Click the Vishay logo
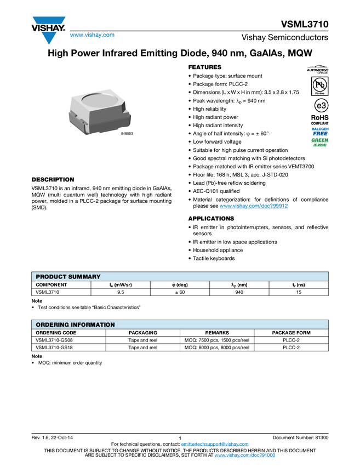pyautogui.click(x=48, y=30)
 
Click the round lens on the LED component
pyautogui.click(x=100, y=103)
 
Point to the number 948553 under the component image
pyautogui.click(x=127, y=133)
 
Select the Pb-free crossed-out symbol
pyautogui.click(x=317, y=86)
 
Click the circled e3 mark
pyautogui.click(x=317, y=105)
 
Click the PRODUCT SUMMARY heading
pyautogui.click(x=68, y=276)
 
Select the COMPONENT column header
pyautogui.click(x=52, y=285)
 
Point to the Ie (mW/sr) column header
pyautogui.click(x=121, y=285)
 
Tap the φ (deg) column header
pyautogui.click(x=180, y=285)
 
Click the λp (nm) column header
pyautogui.click(x=239, y=285)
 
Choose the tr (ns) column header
pyautogui.click(x=299, y=285)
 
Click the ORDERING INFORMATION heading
pyautogui.click(x=75, y=325)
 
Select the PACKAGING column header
pyautogui.click(x=142, y=333)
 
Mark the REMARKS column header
pyautogui.click(x=217, y=333)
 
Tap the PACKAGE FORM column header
pyautogui.click(x=291, y=333)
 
